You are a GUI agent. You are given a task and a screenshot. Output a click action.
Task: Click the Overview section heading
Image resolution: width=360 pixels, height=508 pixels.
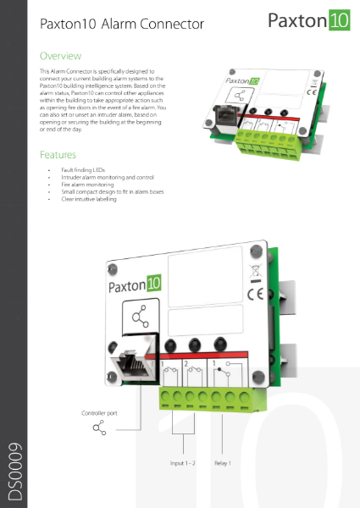pos(61,55)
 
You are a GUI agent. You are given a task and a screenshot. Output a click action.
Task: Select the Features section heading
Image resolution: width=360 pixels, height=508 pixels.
pos(58,155)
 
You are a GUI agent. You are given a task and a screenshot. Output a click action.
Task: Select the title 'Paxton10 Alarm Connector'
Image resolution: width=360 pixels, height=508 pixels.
pos(122,25)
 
